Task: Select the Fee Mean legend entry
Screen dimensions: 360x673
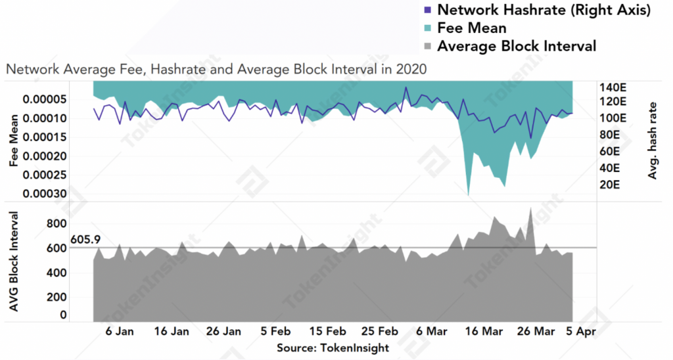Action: click(x=471, y=28)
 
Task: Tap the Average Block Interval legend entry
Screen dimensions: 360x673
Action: click(x=517, y=46)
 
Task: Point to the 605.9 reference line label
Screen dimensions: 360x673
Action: click(x=83, y=239)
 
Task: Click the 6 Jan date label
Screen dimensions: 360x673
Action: click(x=120, y=332)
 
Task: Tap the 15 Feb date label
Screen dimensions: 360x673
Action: click(x=328, y=332)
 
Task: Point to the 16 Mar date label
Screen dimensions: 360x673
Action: click(x=485, y=332)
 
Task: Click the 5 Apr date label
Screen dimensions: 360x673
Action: click(x=581, y=332)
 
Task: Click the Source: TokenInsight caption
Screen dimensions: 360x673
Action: click(x=333, y=348)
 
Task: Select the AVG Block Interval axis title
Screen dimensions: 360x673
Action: click(x=12, y=269)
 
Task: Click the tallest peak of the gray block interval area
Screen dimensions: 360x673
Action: click(x=530, y=208)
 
